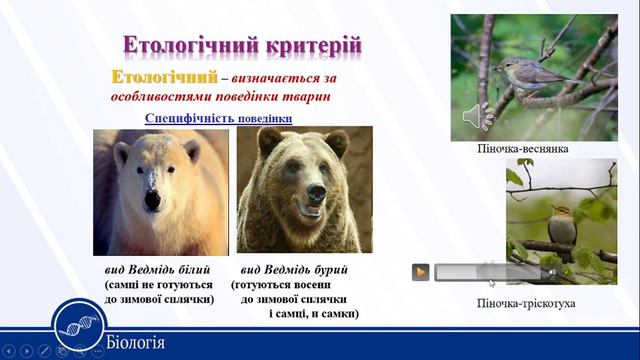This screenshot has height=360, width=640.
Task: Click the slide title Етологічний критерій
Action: (x=242, y=45)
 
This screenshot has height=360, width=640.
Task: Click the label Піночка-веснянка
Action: (x=523, y=148)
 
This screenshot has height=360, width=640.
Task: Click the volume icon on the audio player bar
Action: (x=550, y=272)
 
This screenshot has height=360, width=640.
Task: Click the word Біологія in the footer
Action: (x=135, y=342)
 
